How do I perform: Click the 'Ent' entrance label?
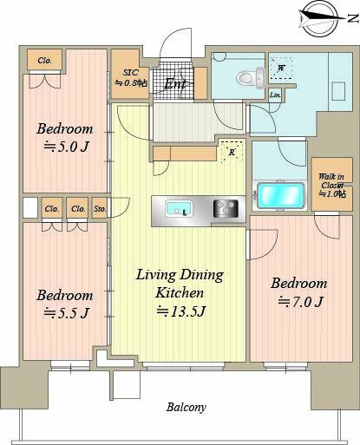coord(174,84)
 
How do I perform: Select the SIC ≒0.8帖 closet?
coord(130,76)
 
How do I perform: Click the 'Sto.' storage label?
coord(99,208)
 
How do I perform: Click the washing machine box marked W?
coord(282,68)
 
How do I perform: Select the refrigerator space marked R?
coord(231,151)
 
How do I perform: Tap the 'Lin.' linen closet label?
coord(274,95)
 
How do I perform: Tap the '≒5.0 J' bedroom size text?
coord(63,148)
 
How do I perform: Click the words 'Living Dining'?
coord(179,275)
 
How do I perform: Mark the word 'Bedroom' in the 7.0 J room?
coord(298,283)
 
